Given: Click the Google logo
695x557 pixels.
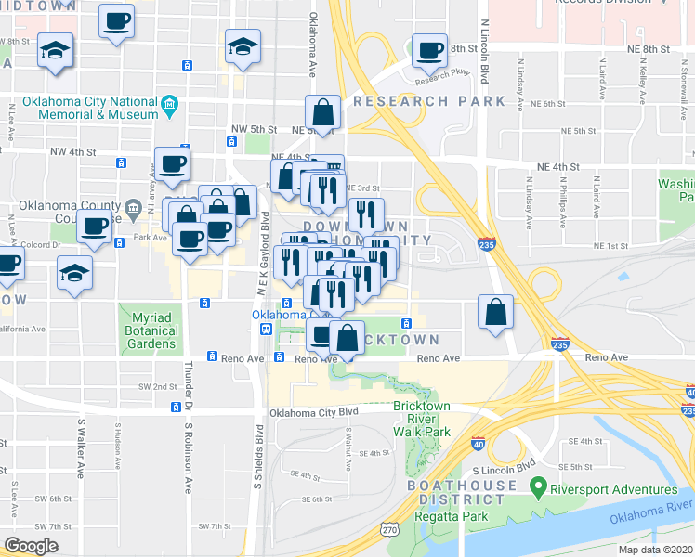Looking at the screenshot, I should click(31, 546).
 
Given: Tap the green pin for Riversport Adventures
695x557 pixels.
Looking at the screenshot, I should click(536, 486).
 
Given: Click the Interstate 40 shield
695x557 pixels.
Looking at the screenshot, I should click(478, 444).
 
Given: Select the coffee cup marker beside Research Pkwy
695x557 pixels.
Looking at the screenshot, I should click(429, 53).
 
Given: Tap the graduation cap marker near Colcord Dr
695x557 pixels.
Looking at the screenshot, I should click(75, 274).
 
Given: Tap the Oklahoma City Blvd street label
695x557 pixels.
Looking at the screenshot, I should click(313, 412).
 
